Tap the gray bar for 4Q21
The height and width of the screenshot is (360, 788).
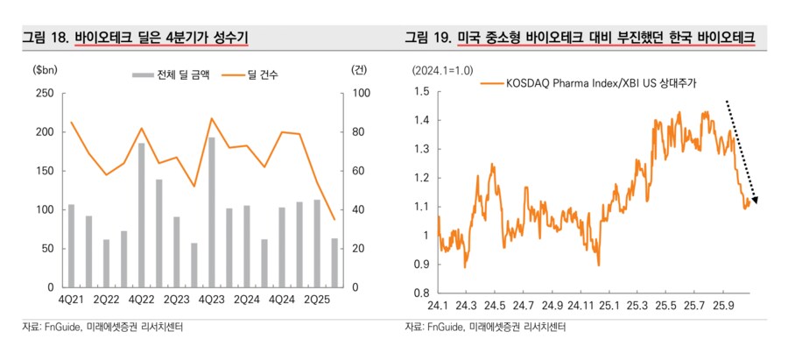coord(71,246)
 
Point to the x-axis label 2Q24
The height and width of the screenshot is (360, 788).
coord(246,300)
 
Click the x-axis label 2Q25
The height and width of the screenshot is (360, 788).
coord(316,300)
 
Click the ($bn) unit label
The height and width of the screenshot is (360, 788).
coord(44,69)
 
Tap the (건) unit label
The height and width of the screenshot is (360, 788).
coord(359,69)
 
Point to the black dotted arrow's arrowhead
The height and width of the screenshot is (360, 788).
coord(755,201)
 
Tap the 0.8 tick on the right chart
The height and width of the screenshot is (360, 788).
coord(424,293)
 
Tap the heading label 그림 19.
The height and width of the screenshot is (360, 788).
coord(428,38)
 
